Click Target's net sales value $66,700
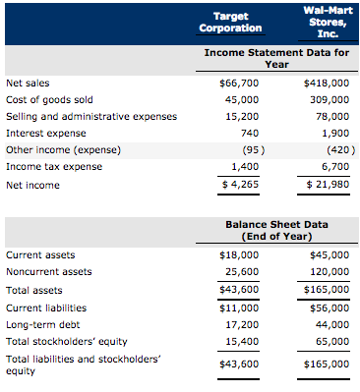tap(240, 84)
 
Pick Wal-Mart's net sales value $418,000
tap(328, 84)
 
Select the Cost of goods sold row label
tap(49, 99)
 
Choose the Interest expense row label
tap(45, 133)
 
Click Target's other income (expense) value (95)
tap(250, 149)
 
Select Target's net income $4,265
tap(240, 184)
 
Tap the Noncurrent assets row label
tap(49, 272)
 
